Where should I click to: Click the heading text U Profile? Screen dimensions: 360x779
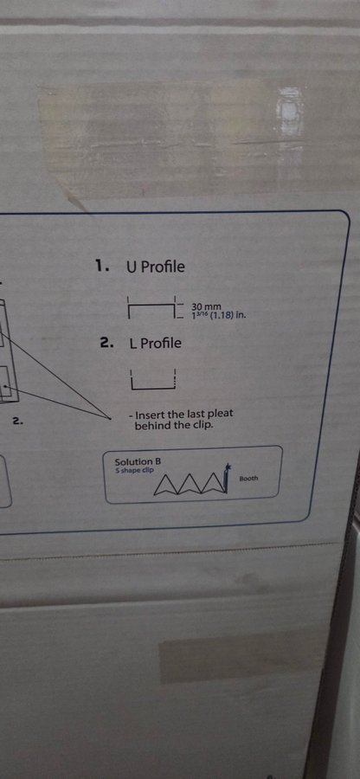156,267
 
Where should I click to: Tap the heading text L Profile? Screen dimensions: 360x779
155,343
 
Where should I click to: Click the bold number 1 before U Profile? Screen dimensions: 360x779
101,267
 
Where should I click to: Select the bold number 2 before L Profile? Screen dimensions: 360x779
106,342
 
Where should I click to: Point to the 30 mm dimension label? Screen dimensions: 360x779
206,307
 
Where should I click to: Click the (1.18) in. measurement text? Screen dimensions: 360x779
229,315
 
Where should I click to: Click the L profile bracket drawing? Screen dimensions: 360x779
153,380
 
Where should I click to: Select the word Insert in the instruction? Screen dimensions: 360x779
151,415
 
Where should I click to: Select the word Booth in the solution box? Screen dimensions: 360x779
248,479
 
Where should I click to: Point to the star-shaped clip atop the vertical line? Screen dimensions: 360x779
228,467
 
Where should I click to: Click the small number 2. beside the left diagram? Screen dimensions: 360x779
18,422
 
